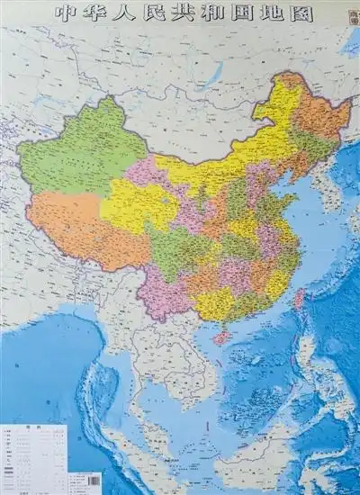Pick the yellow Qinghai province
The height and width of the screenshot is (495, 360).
135,202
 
